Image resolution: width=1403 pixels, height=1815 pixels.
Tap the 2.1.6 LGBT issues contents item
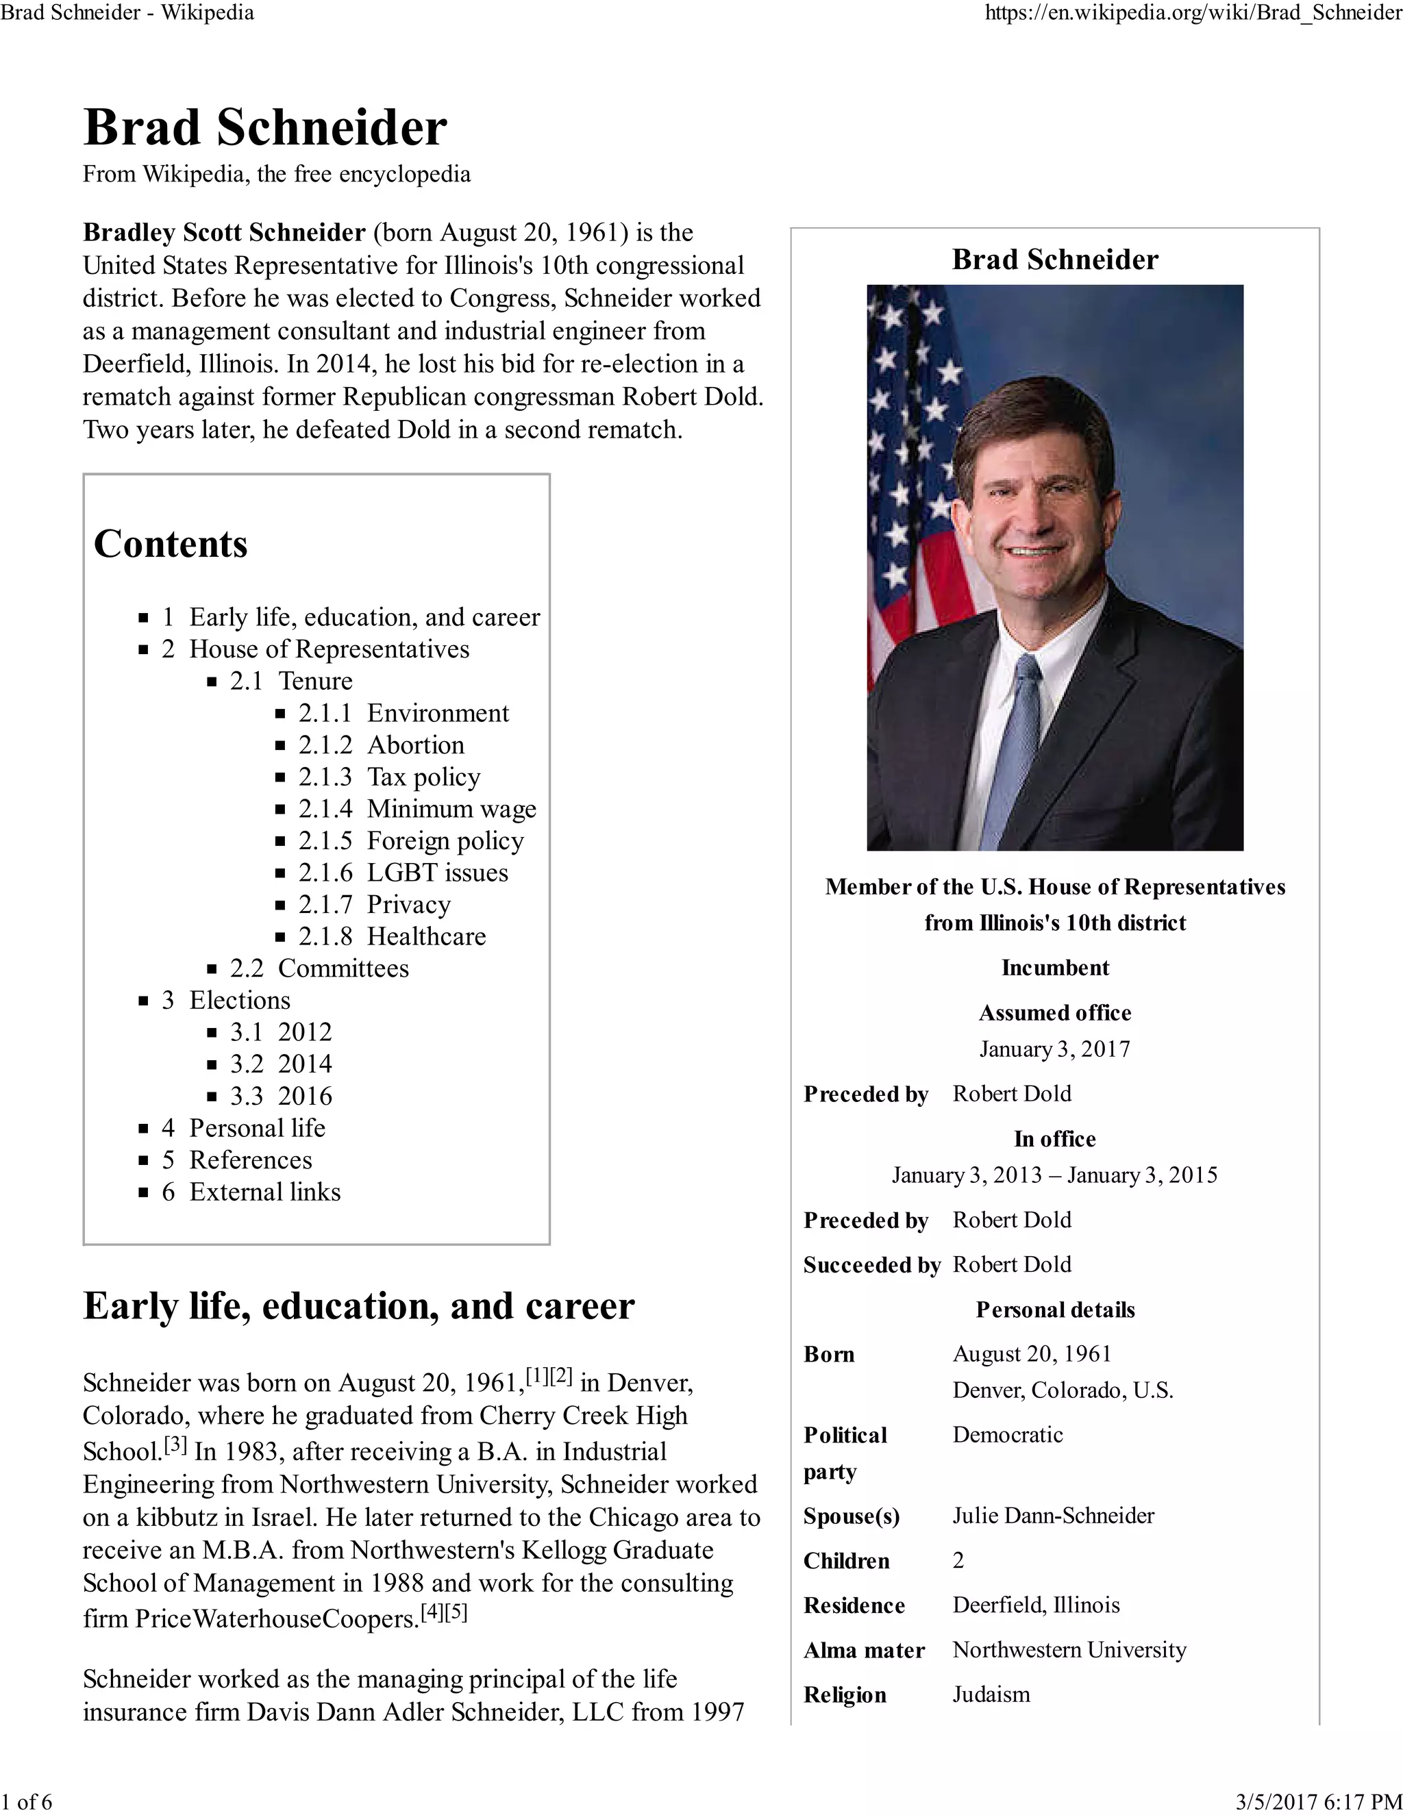[x=403, y=873]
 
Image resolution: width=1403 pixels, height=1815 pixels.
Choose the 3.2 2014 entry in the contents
[x=281, y=1064]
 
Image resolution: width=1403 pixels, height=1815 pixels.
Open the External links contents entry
[x=264, y=1192]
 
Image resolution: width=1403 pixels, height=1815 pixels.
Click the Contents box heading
[x=171, y=544]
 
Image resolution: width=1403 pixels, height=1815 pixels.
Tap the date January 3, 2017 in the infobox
[x=1055, y=1049]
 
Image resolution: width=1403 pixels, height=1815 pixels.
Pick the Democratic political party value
[x=1007, y=1434]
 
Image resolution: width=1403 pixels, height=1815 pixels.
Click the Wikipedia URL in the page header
[x=1193, y=12]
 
